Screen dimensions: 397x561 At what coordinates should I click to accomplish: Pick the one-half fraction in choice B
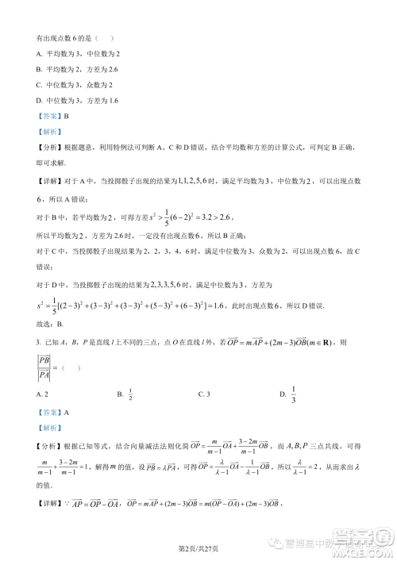[x=131, y=393]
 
